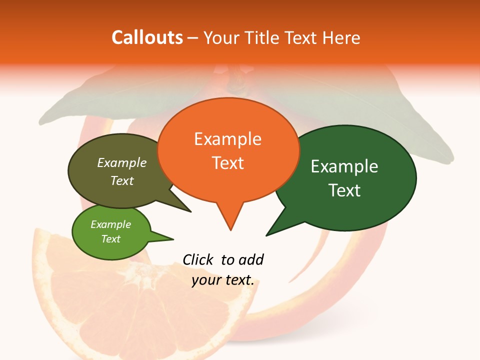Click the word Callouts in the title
tap(147, 37)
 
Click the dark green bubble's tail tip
tap(266, 235)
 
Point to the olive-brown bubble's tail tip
tap(190, 211)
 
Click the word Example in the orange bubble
tap(228, 139)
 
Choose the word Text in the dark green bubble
tap(344, 190)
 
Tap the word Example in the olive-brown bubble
tap(122, 163)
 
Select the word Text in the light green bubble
tap(110, 239)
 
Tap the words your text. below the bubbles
tap(223, 280)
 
